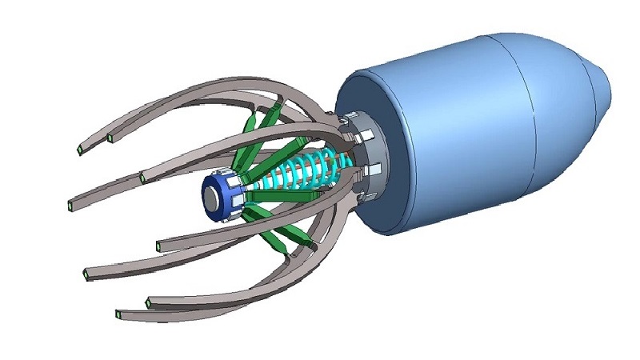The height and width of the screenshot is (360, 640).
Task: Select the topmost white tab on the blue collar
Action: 227,174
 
